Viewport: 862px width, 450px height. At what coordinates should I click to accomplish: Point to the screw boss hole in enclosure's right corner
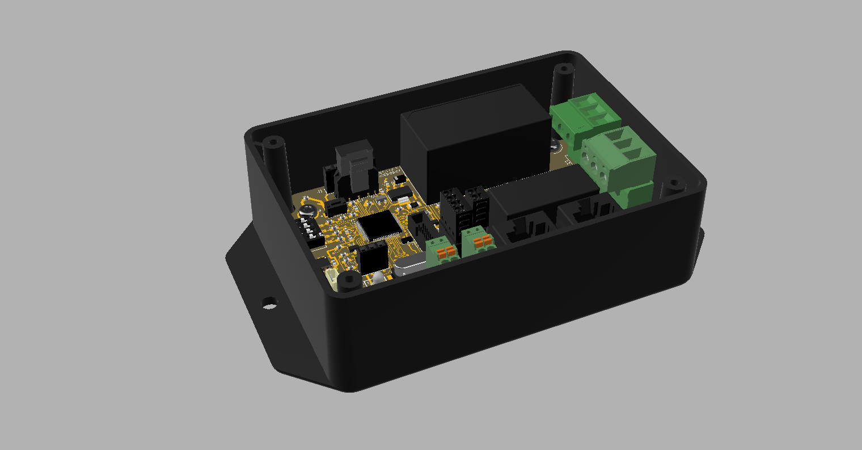[674, 184]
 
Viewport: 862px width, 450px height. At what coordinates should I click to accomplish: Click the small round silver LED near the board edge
[377, 279]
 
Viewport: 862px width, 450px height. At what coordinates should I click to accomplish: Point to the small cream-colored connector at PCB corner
[331, 277]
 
